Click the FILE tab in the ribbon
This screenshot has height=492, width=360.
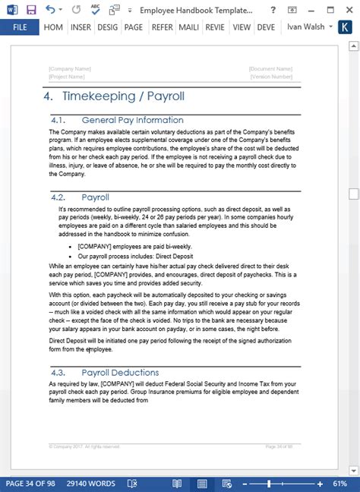point(20,27)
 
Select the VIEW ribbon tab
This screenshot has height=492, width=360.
point(242,27)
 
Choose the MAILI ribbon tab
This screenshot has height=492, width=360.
point(188,27)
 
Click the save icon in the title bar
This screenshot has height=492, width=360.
point(31,9)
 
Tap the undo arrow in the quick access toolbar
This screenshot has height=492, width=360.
point(50,9)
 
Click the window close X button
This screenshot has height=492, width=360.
point(348,9)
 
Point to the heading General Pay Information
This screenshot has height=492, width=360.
point(132,120)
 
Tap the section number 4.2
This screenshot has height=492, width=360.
point(60,197)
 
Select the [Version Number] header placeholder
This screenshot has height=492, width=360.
point(270,77)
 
